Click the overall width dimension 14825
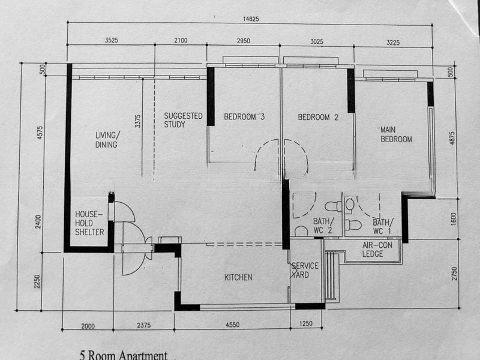click(251, 19)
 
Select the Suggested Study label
click(183, 120)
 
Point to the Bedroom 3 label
click(244, 116)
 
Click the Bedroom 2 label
click(318, 117)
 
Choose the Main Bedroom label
click(396, 134)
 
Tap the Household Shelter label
click(89, 223)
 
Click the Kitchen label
click(238, 277)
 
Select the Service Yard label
click(304, 271)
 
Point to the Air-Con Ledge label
click(377, 249)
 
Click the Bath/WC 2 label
click(323, 226)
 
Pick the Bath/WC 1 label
click(382, 227)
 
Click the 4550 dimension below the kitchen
click(232, 325)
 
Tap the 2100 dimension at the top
click(181, 40)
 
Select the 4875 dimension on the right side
click(452, 138)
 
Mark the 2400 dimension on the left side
click(38, 221)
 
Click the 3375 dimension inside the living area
click(138, 121)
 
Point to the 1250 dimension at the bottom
click(305, 323)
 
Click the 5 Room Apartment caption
click(124, 355)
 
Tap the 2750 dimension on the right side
click(454, 274)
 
